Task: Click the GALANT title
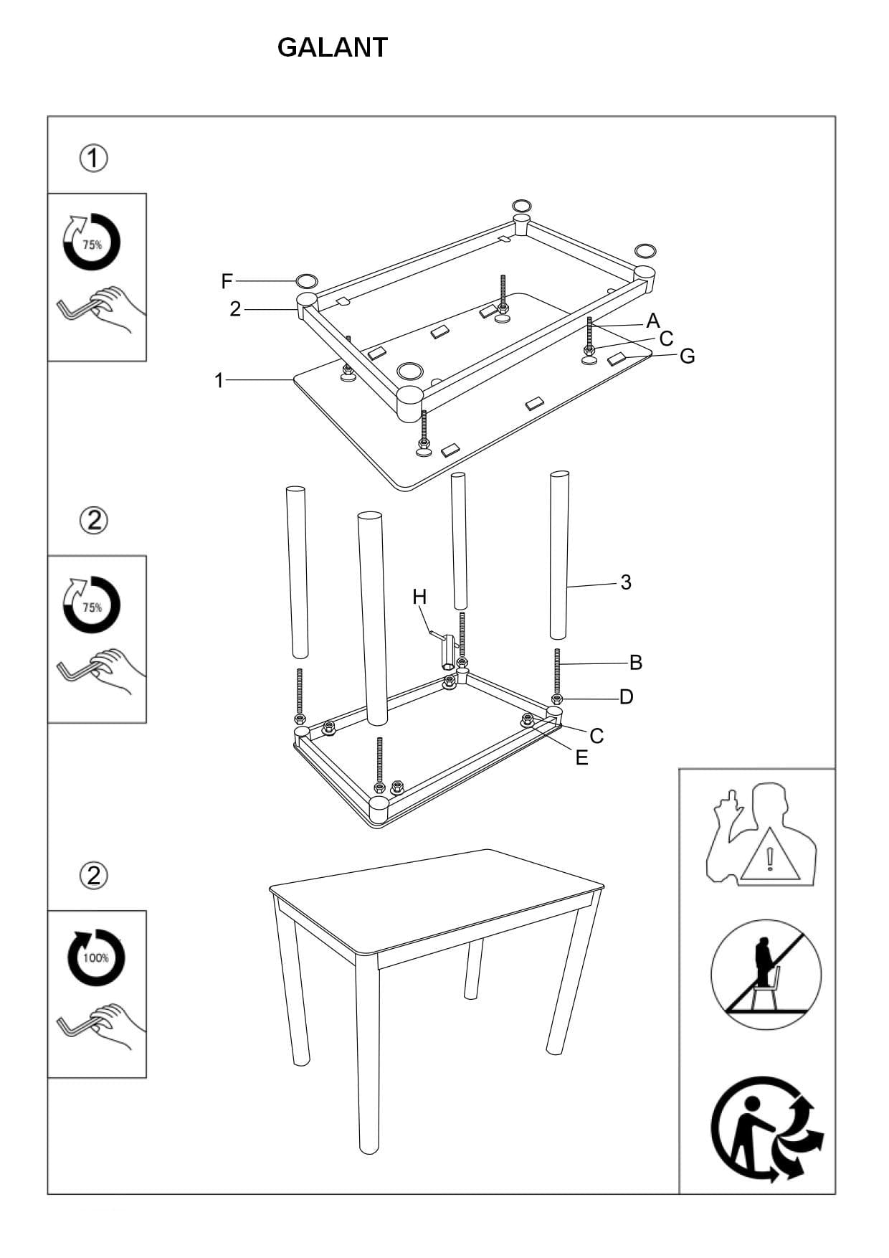[332, 48]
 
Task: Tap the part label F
[227, 281]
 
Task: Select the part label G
[687, 356]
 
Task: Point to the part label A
[652, 321]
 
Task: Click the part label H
[419, 597]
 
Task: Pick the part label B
[635, 663]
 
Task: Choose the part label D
[626, 696]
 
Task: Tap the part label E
[581, 757]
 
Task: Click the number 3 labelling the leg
[626, 582]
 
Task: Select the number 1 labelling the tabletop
[219, 380]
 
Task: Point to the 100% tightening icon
[95, 957]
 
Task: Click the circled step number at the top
[93, 158]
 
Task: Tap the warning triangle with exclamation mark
[770, 856]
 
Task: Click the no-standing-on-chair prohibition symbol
[766, 975]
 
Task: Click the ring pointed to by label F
[306, 280]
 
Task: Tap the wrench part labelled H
[446, 649]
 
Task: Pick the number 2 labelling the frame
[235, 309]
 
